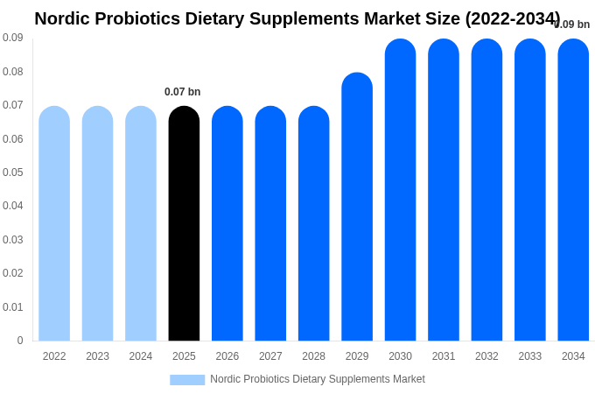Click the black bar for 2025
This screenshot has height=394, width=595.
pos(184,223)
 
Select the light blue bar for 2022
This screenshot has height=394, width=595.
pos(54,223)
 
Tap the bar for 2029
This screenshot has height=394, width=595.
pos(357,207)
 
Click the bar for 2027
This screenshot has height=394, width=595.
pos(270,223)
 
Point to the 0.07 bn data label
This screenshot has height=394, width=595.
pos(182,92)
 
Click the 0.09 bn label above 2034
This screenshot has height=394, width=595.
pos(572,25)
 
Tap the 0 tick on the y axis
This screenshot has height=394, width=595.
pos(19,341)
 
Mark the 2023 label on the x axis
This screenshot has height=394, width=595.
pos(97,356)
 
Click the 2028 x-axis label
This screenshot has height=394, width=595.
pos(313,356)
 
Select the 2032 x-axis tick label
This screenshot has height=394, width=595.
pos(486,356)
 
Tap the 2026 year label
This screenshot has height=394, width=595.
pos(227,356)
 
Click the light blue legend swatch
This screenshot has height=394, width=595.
pos(187,380)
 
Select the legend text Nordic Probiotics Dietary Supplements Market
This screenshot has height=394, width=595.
pos(318,379)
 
